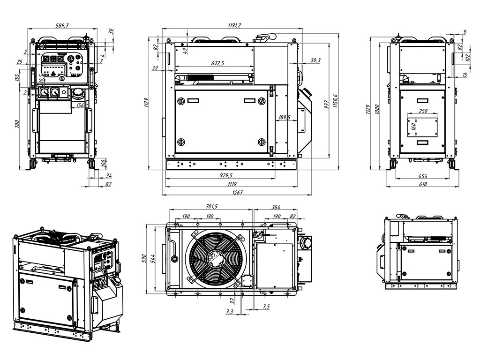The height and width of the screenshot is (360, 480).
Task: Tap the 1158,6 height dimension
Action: pos(335,101)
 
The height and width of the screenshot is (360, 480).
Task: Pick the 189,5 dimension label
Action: pos(285,117)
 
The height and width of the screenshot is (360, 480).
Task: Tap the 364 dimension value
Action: pos(276,206)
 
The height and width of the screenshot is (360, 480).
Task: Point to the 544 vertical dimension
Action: pos(155,258)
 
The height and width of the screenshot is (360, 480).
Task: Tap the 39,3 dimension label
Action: pos(315,60)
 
